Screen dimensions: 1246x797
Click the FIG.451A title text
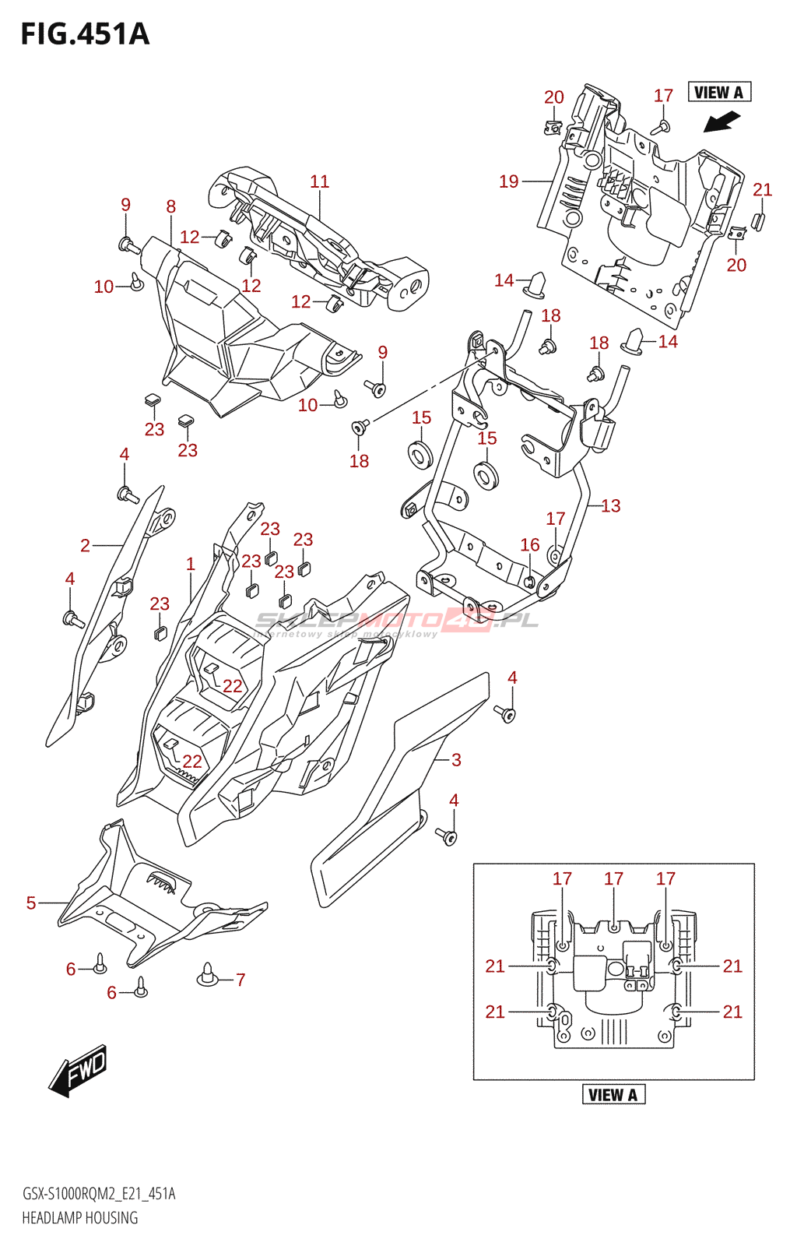point(85,34)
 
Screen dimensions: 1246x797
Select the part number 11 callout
point(319,181)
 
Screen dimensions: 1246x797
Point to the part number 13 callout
point(611,506)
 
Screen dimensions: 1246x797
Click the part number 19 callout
point(508,181)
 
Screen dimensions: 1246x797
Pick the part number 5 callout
point(31,903)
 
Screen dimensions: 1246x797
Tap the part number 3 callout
point(456,760)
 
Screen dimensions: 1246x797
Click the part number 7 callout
point(241,980)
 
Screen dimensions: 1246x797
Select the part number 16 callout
point(530,545)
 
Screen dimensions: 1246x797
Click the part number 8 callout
point(171,206)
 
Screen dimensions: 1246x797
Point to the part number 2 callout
point(85,546)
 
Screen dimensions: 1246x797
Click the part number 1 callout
point(191,564)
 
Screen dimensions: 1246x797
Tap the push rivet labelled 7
point(207,975)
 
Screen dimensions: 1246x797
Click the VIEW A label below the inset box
point(614,1095)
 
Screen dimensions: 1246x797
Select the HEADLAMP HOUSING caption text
point(79,1218)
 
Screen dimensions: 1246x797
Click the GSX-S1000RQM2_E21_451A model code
point(99,1194)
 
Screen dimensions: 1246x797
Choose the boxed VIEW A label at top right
point(719,93)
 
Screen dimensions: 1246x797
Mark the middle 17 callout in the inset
point(613,878)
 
